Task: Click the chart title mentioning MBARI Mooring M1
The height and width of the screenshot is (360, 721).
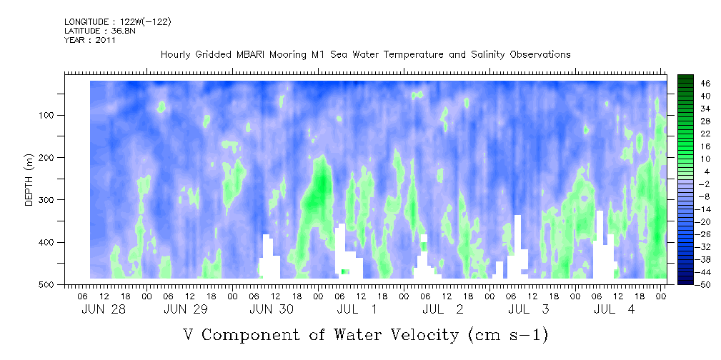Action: pyautogui.click(x=366, y=55)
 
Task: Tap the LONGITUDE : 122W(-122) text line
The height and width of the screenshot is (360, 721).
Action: pyautogui.click(x=118, y=21)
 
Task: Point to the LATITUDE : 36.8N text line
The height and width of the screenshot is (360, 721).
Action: pyautogui.click(x=100, y=31)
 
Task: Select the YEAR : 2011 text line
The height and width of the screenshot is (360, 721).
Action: pyautogui.click(x=89, y=39)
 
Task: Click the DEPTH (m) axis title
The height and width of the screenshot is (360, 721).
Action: pyautogui.click(x=29, y=179)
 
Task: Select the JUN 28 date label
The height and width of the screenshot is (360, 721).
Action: pyautogui.click(x=104, y=310)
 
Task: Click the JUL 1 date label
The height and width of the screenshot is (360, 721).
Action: pyautogui.click(x=357, y=310)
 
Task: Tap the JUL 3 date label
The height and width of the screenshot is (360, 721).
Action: pyautogui.click(x=529, y=310)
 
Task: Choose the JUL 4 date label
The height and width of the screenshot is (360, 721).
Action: pyautogui.click(x=615, y=310)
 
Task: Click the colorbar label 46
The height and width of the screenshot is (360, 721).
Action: pyautogui.click(x=706, y=84)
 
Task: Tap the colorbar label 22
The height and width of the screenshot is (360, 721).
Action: pyautogui.click(x=706, y=136)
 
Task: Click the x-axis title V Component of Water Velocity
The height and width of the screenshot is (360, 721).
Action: pyautogui.click(x=366, y=335)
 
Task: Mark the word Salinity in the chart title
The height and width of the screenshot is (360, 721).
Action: pyautogui.click(x=484, y=55)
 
